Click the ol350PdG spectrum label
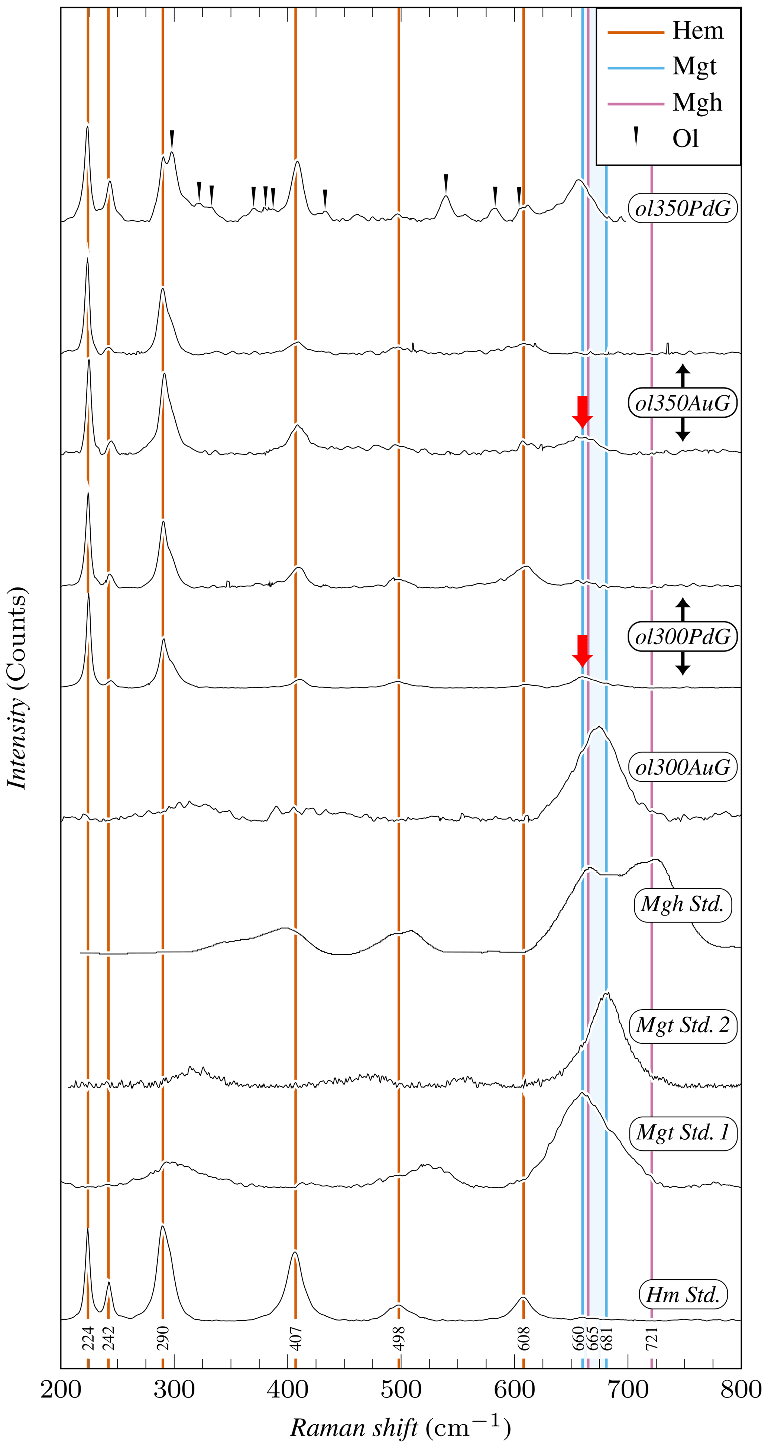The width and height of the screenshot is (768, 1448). pyautogui.click(x=682, y=208)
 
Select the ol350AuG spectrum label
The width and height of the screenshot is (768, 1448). pyautogui.click(x=682, y=403)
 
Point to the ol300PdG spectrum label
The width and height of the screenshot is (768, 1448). pyautogui.click(x=682, y=636)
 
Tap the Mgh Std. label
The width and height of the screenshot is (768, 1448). pyautogui.click(x=682, y=904)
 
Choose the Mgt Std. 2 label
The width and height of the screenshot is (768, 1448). pyautogui.click(x=682, y=1025)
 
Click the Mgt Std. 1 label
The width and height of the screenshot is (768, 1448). pyautogui.click(x=682, y=1133)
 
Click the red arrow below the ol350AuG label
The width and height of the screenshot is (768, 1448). pyautogui.click(x=583, y=411)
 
